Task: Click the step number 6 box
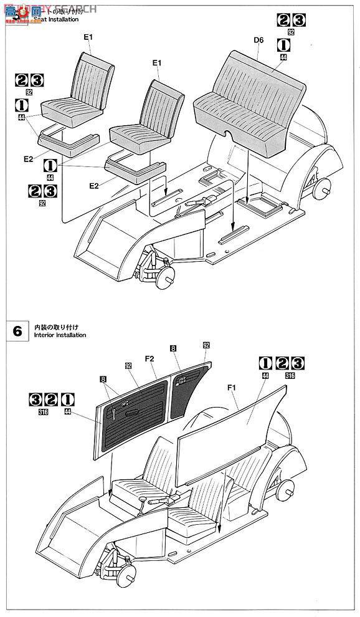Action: click(16, 330)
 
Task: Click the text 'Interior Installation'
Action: click(55, 335)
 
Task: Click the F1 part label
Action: click(233, 388)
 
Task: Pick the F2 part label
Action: click(149, 359)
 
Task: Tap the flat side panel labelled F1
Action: click(230, 424)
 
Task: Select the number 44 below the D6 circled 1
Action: click(283, 57)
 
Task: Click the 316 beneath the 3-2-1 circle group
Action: click(43, 412)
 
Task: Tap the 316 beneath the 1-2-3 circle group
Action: click(289, 375)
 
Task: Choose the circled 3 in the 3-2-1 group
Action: click(36, 399)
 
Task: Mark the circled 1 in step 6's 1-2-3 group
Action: click(265, 363)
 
